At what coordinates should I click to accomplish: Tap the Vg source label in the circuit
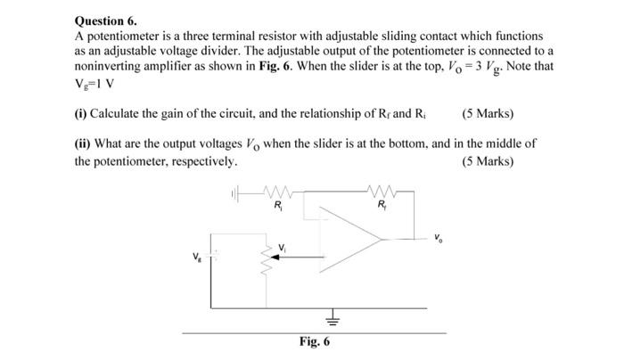[x=197, y=256]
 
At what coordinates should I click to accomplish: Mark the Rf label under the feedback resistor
[x=383, y=207]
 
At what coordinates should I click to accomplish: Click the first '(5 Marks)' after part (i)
[x=489, y=115]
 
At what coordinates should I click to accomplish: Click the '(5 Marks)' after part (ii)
[x=489, y=161]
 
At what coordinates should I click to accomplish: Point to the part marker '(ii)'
[x=83, y=145]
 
